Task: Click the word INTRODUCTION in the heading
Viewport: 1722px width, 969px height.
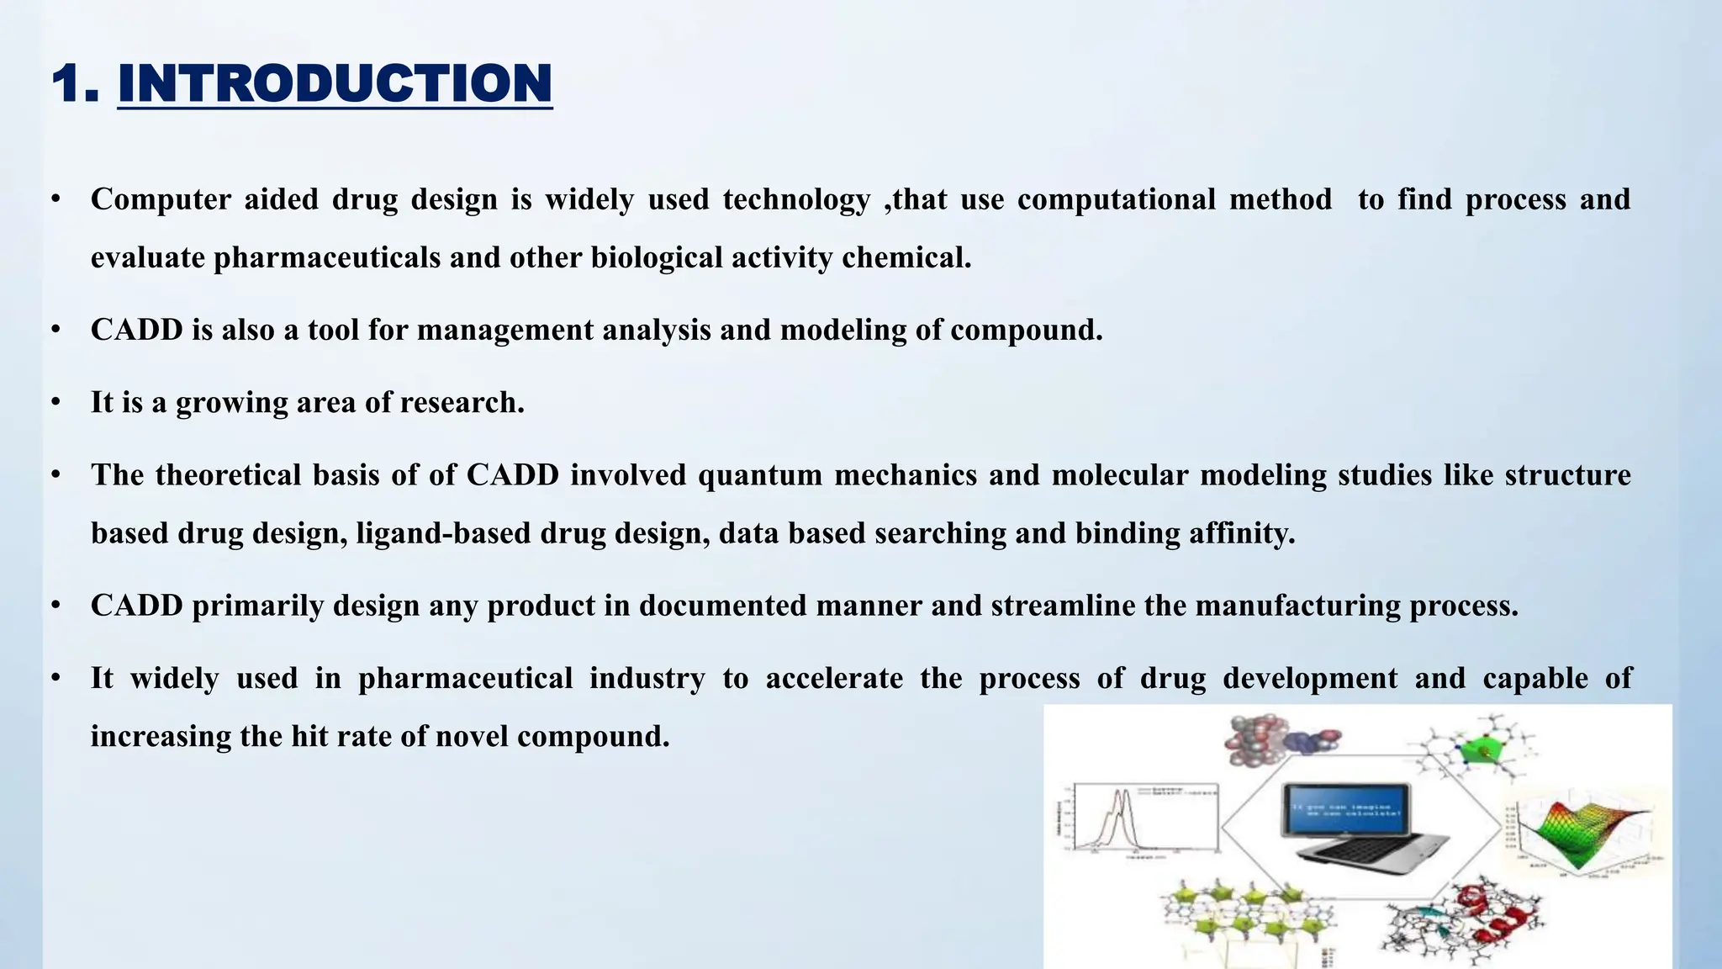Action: pyautogui.click(x=335, y=84)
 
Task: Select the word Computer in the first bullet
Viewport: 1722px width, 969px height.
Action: pyautogui.click(x=161, y=199)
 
